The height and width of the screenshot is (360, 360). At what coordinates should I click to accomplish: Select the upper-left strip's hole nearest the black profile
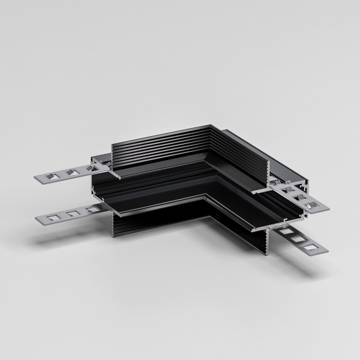(89, 170)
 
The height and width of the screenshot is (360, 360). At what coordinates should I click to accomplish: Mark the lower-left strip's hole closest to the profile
(91, 209)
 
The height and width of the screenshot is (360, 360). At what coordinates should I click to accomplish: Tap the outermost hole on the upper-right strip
(310, 206)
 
